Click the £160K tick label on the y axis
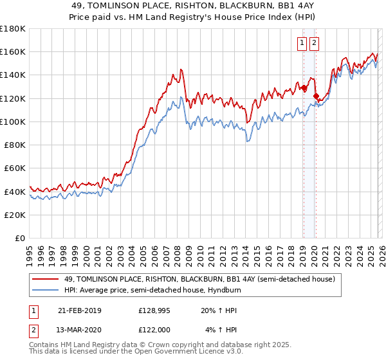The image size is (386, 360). pos(13,51)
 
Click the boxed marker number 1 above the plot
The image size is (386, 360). pos(302,43)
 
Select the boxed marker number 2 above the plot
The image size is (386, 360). pos(314,43)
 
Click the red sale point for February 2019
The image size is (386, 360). pos(303,88)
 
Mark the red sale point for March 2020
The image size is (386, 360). pos(315,96)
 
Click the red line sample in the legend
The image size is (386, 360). pos(46,280)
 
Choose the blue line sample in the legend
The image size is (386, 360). pos(46,291)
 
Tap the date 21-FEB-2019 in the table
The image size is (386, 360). pos(80,310)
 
